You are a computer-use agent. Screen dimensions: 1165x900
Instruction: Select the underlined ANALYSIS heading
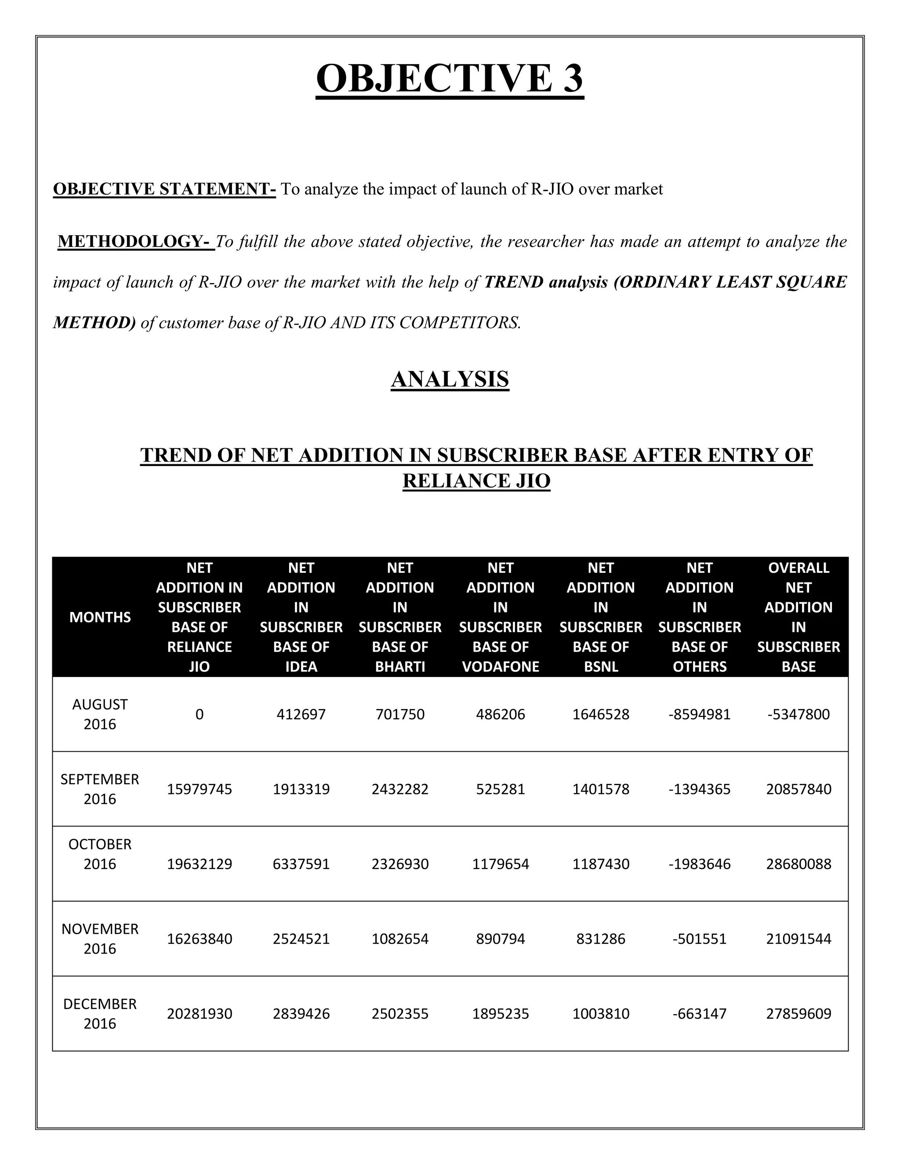450,379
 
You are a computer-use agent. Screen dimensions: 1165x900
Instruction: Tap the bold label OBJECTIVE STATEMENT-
164,189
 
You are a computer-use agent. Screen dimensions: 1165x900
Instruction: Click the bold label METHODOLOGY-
136,242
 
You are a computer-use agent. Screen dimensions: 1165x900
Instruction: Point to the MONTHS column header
100,617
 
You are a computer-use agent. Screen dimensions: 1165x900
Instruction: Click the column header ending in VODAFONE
500,617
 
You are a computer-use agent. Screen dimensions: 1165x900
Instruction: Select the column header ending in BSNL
600,617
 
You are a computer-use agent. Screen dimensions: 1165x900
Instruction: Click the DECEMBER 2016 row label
100,1013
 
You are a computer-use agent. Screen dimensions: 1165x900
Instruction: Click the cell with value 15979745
200,789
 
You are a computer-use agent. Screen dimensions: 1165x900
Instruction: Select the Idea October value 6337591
301,863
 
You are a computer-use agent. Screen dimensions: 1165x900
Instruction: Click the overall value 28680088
798,863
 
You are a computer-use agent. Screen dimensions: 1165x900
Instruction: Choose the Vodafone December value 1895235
500,1013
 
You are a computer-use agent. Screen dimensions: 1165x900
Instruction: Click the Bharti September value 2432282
400,789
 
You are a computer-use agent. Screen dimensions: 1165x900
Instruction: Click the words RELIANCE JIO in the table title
476,481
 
